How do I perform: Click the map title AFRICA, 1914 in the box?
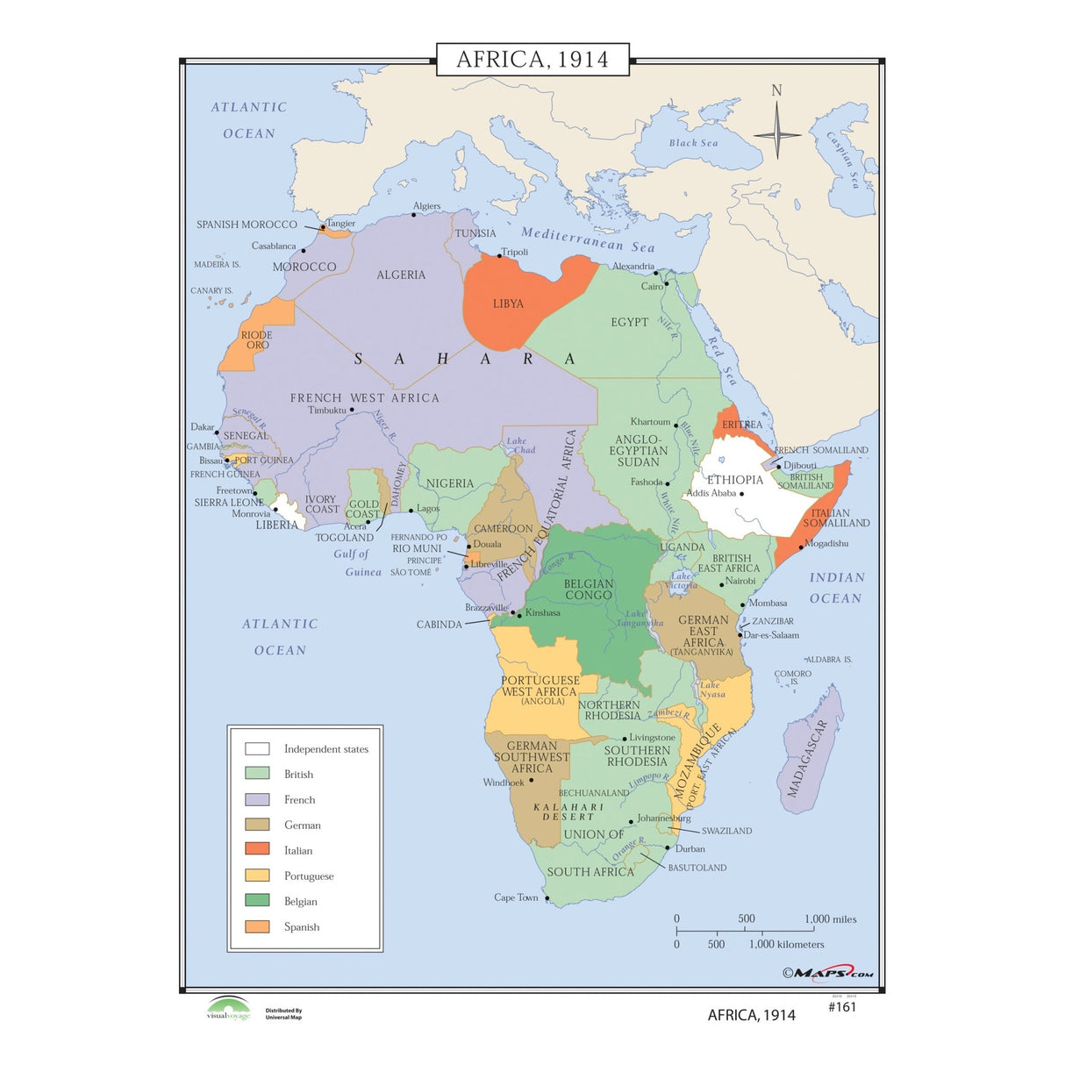point(532,59)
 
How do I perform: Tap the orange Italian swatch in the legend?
point(257,849)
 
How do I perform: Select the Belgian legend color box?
point(257,900)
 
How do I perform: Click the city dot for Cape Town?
point(547,898)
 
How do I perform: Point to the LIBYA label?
point(508,304)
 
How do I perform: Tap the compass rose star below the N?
point(777,134)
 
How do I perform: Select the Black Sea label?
point(693,143)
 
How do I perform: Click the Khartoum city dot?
point(676,425)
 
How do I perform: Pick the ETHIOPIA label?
point(735,480)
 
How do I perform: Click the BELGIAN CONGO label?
point(589,590)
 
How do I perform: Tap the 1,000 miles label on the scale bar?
point(830,919)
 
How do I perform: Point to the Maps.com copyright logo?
point(828,972)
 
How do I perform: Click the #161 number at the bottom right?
point(841,1007)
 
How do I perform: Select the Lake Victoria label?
point(682,581)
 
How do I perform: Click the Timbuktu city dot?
point(352,410)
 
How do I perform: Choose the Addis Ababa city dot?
point(741,494)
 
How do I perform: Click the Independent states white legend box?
point(257,748)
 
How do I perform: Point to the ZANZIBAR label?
point(772,621)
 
